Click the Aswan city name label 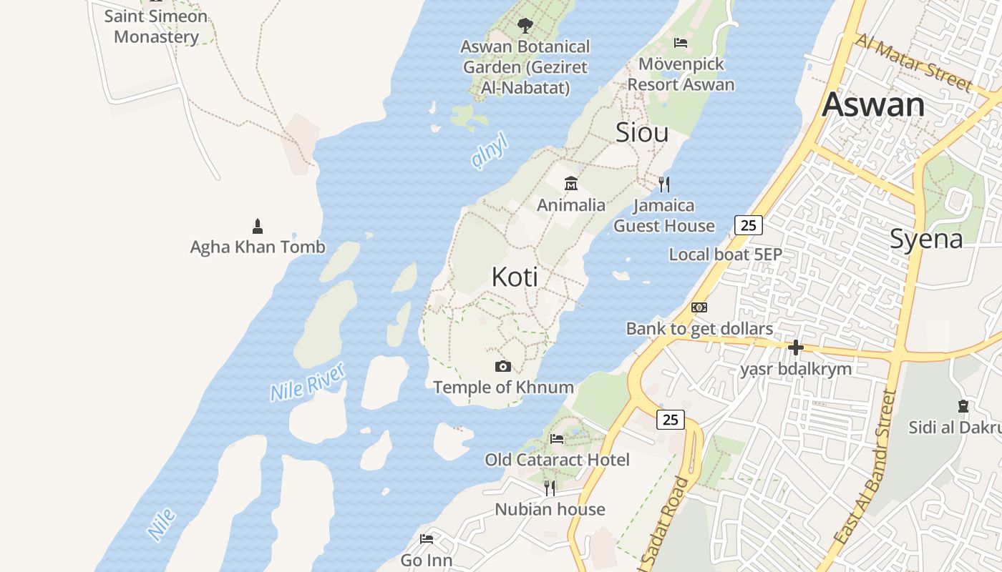873,105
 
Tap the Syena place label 926,240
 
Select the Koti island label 515,277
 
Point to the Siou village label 642,132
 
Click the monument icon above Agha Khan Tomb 258,227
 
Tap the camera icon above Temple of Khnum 503,367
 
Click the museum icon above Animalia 570,184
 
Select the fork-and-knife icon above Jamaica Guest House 664,184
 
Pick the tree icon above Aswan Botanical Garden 525,26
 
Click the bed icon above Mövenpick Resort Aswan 681,43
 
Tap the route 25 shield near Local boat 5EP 748,226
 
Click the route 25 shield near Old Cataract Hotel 670,420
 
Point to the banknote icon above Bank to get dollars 699,307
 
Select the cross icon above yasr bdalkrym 795,348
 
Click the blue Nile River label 308,382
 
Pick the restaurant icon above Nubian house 550,488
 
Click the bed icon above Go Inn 427,538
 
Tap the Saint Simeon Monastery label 156,26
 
